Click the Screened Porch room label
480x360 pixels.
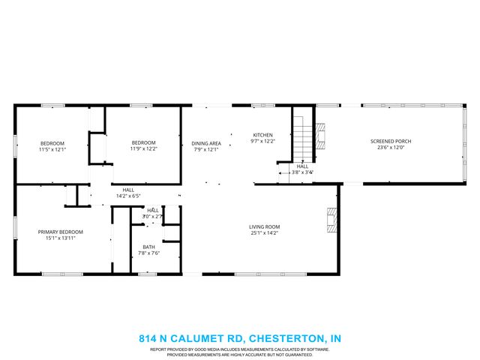391,141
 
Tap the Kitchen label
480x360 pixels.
262,135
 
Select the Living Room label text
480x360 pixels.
265,226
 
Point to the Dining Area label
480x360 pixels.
206,143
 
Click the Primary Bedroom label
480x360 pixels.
61,232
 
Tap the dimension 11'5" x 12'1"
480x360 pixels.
52,149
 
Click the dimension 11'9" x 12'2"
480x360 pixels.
143,149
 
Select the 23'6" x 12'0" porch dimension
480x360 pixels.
391,148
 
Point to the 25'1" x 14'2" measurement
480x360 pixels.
265,233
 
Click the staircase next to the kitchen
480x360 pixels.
301,139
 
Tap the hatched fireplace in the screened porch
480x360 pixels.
320,136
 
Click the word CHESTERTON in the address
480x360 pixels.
286,338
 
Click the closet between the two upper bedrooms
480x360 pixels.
97,147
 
